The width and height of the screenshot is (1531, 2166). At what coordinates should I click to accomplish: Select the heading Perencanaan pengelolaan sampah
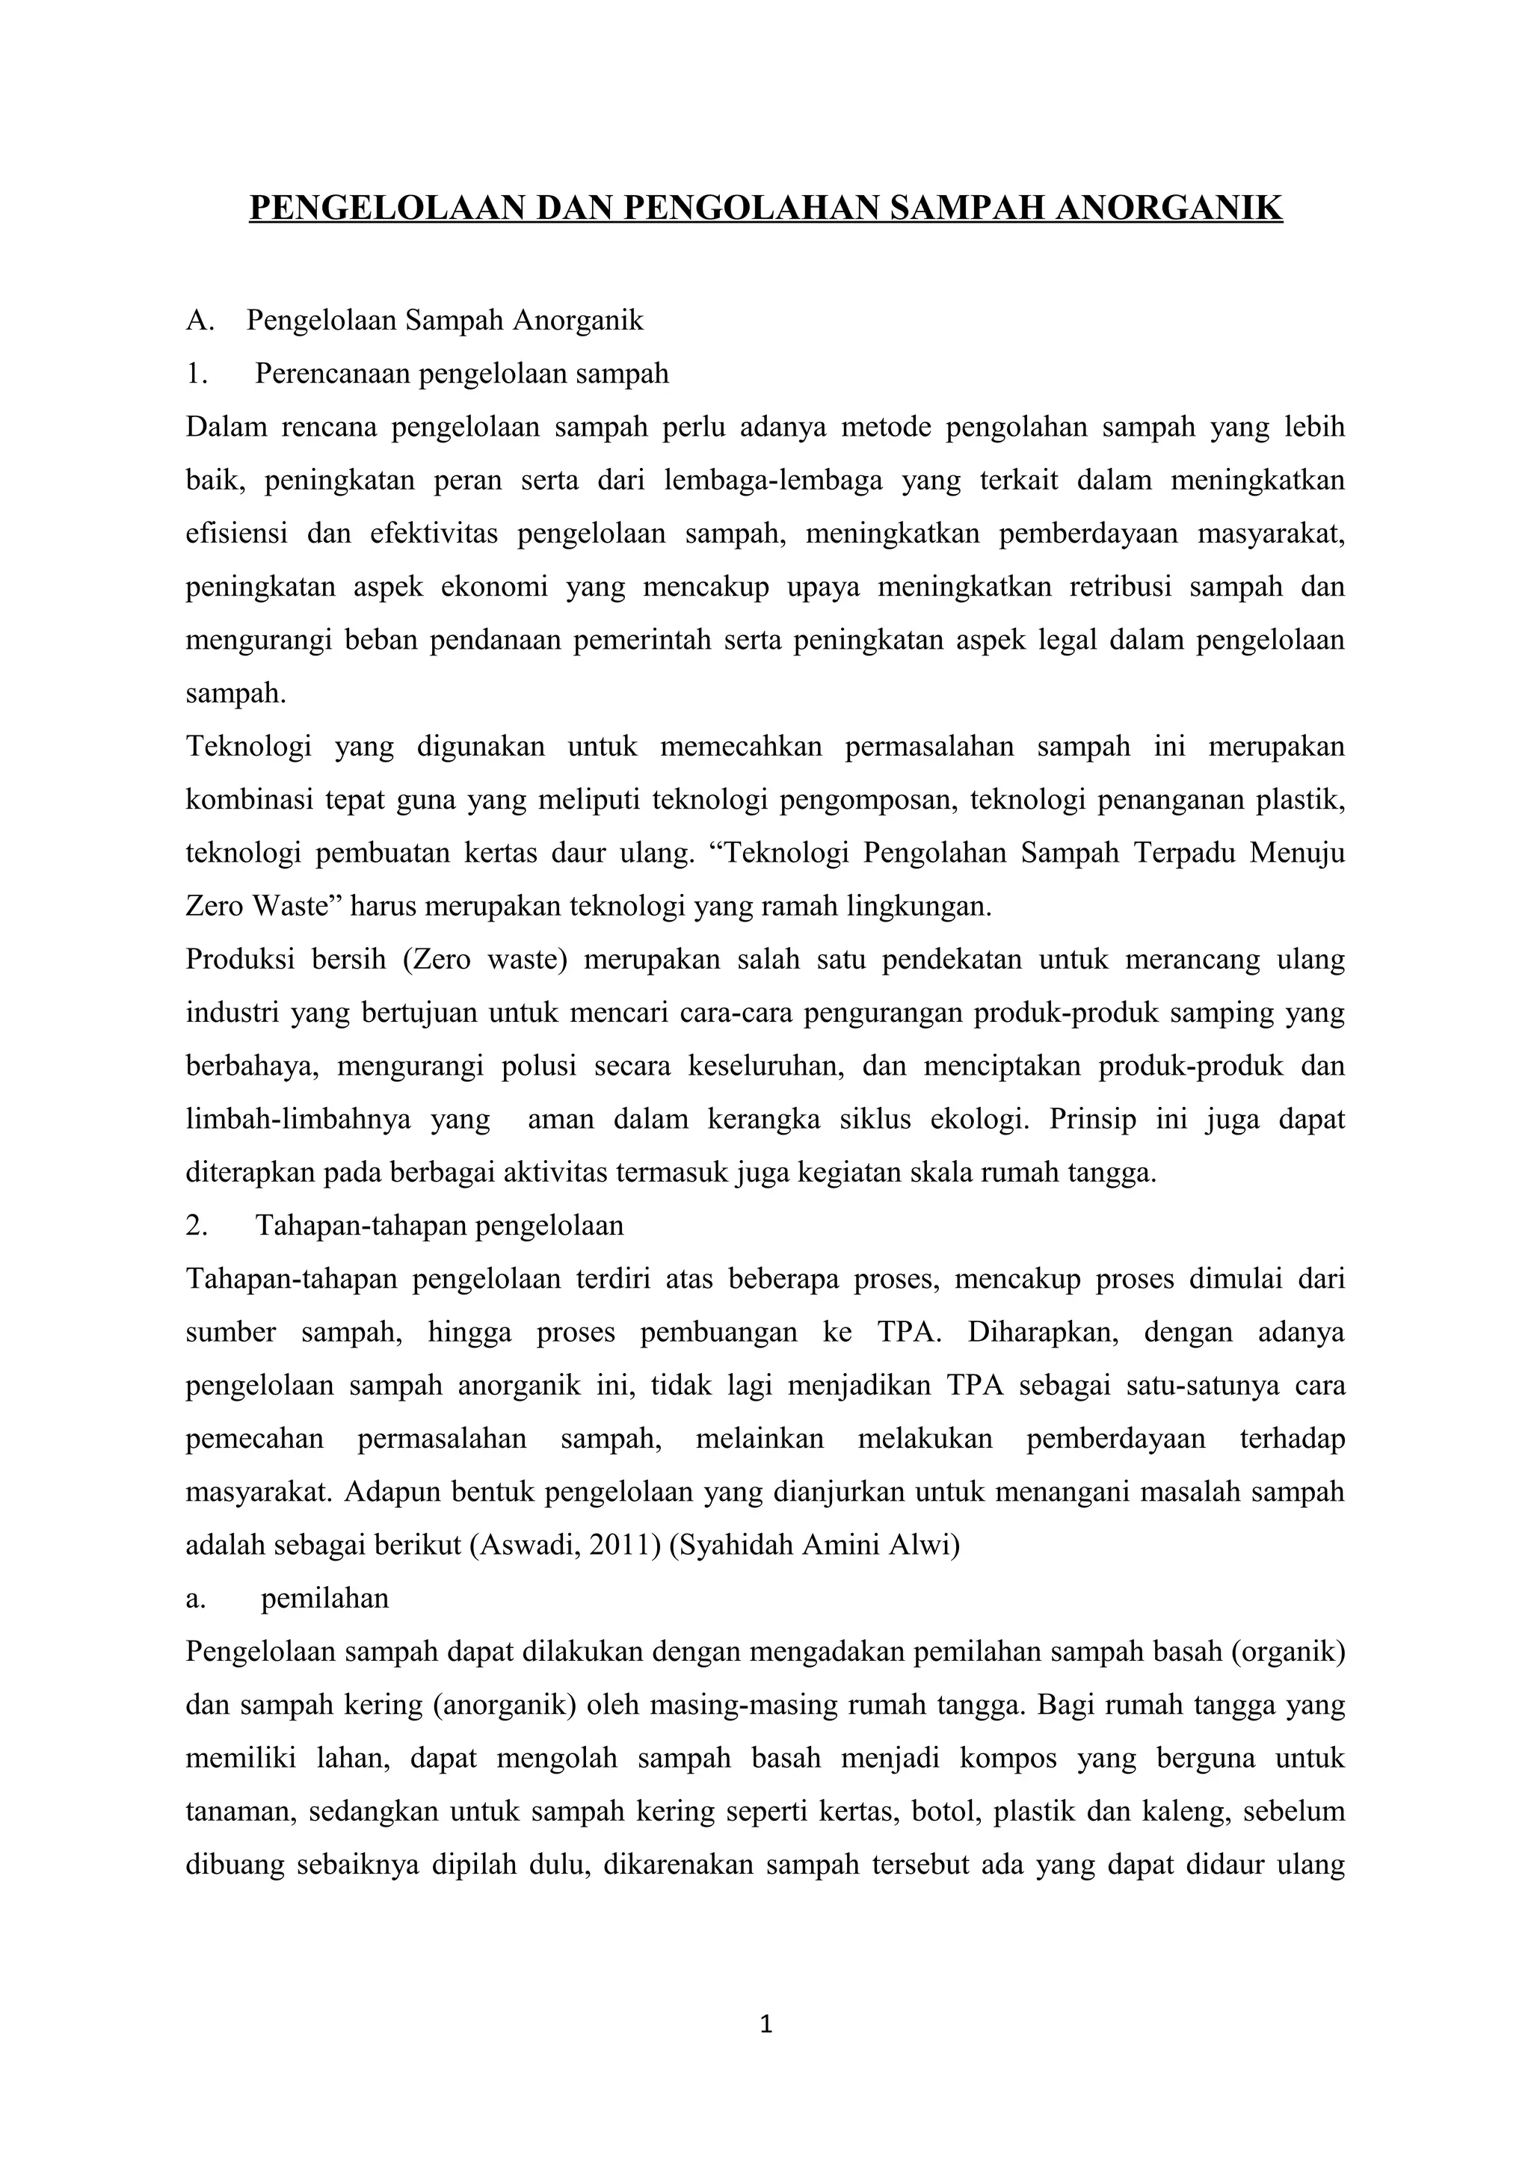point(461,374)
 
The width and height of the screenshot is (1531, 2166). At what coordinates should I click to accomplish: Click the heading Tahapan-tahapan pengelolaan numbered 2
point(439,1227)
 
